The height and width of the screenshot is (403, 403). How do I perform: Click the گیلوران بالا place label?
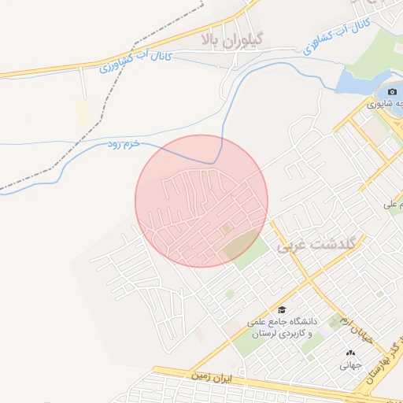pos(232,38)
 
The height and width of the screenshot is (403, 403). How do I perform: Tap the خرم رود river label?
pos(124,145)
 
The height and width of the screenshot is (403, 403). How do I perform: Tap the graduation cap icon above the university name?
pos(281,309)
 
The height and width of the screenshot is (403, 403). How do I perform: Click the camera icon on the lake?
pos(391,91)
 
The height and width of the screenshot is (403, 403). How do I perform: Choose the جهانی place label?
pos(350,365)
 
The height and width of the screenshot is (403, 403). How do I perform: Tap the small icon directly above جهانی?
pos(350,352)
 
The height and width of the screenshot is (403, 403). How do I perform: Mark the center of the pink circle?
pos(201,201)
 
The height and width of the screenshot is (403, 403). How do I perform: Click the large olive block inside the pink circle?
pos(246,246)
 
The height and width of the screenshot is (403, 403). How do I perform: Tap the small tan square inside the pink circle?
pos(227,229)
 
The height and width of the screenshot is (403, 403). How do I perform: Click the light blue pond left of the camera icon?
pos(354,80)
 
